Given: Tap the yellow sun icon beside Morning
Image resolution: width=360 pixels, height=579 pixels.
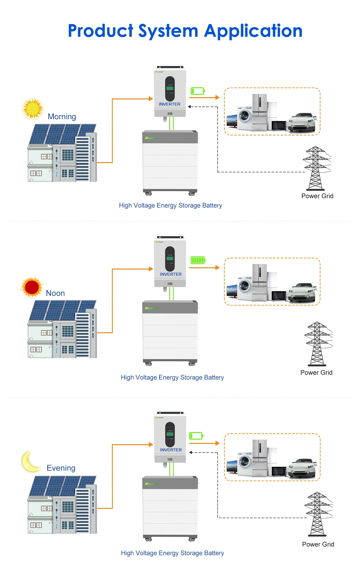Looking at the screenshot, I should [32, 109].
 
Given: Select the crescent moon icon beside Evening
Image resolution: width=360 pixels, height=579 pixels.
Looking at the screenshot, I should [30, 461].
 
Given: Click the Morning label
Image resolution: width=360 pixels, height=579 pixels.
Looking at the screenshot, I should [62, 117].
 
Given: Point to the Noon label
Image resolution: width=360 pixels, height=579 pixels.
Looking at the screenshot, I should [55, 293].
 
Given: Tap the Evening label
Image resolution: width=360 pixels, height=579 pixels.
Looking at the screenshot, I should [61, 468].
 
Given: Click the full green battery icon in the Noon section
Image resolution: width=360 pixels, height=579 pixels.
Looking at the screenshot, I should [198, 260].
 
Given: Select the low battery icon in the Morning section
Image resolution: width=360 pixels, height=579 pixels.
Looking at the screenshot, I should [197, 91].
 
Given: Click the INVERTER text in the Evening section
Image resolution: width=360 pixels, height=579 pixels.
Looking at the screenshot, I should [171, 450].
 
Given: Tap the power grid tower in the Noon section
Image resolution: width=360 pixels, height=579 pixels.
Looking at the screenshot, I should [317, 344].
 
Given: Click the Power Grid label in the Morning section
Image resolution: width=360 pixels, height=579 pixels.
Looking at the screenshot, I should [317, 196].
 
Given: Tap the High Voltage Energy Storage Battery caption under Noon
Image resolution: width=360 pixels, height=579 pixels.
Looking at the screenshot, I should [172, 377].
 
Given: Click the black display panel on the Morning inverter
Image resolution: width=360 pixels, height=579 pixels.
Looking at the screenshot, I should [170, 88].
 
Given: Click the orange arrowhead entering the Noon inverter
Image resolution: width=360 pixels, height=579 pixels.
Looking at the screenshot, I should [151, 269].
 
